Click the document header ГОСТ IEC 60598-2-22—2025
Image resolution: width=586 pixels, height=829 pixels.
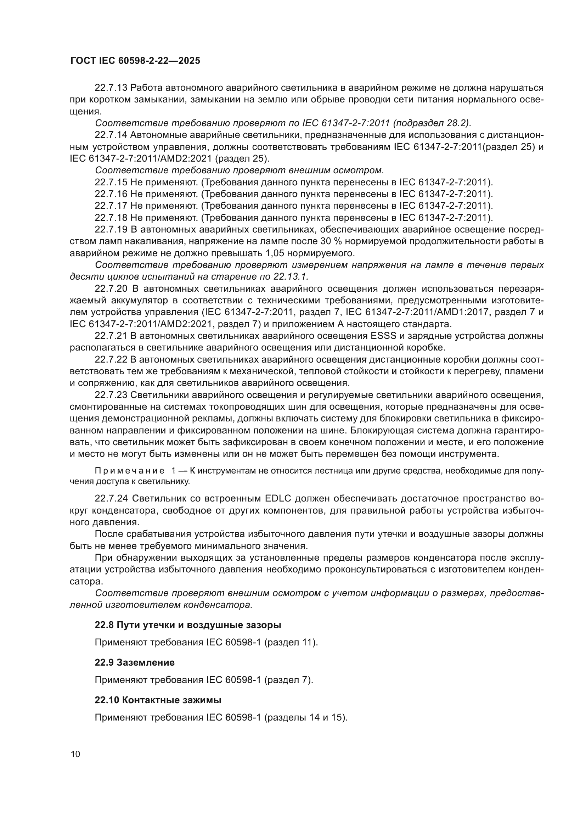click(135, 61)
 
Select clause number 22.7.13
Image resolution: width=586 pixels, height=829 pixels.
click(111, 88)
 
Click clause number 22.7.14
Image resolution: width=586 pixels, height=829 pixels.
click(111, 135)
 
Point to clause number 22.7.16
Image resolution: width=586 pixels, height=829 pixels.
click(111, 194)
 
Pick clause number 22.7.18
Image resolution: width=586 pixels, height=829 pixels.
click(111, 218)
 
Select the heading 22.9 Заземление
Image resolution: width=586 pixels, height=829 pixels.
click(135, 662)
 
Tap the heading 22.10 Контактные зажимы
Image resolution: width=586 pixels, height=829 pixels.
click(158, 700)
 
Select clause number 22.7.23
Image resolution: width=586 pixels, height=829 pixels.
click(111, 395)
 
